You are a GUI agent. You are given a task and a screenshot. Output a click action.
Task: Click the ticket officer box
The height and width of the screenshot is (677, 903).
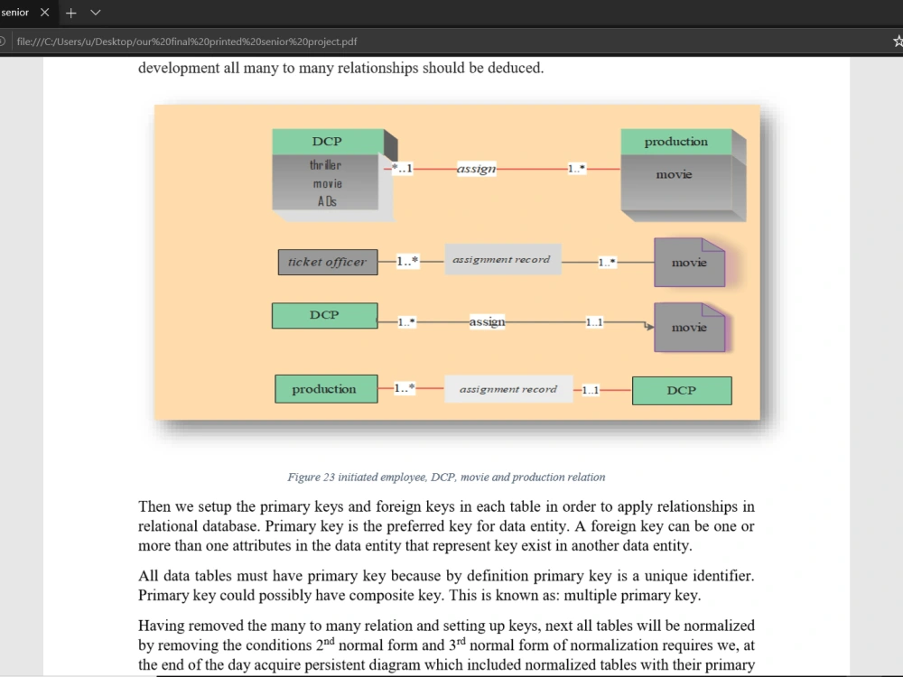click(x=328, y=262)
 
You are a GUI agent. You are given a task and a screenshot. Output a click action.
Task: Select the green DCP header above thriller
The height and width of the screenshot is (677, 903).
click(x=328, y=142)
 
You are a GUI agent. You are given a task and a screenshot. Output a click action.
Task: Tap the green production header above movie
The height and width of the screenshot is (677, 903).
click(x=676, y=142)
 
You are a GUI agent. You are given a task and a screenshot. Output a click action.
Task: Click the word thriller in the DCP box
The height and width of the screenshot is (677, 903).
click(x=325, y=165)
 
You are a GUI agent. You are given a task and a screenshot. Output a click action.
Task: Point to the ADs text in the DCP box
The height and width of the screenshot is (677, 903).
click(x=327, y=201)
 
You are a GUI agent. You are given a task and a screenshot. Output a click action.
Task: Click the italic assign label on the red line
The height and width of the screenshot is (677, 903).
click(x=476, y=169)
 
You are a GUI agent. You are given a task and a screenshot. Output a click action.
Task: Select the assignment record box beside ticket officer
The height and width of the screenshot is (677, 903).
click(x=503, y=259)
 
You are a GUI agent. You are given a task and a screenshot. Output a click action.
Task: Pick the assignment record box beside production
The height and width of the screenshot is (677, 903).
click(x=508, y=389)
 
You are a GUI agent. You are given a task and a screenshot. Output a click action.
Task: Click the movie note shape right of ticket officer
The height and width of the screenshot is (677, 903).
click(x=689, y=263)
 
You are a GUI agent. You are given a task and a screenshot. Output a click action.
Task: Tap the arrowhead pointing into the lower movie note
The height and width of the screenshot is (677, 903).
click(x=650, y=327)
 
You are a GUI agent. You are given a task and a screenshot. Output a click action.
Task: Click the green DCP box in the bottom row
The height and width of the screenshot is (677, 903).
click(x=682, y=391)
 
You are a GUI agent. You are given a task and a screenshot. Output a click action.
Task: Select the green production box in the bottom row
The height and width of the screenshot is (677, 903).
click(x=327, y=389)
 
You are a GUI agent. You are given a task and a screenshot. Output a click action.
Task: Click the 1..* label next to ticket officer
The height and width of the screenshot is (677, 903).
click(x=407, y=262)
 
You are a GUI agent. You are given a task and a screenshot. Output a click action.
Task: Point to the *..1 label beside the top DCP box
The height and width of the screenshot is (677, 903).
click(x=402, y=169)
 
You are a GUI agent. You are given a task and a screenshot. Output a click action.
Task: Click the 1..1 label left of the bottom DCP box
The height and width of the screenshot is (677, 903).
click(x=591, y=390)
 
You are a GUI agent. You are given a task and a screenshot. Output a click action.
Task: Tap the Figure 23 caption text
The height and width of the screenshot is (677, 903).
click(x=446, y=478)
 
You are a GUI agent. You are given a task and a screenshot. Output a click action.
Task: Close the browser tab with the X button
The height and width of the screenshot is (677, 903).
click(x=45, y=12)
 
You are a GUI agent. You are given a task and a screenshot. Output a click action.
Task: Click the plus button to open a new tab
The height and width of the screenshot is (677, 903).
click(x=70, y=13)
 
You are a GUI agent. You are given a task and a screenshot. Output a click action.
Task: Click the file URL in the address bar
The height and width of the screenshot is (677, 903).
click(x=187, y=42)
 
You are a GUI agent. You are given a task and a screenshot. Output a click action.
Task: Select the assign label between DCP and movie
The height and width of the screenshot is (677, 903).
click(x=488, y=322)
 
